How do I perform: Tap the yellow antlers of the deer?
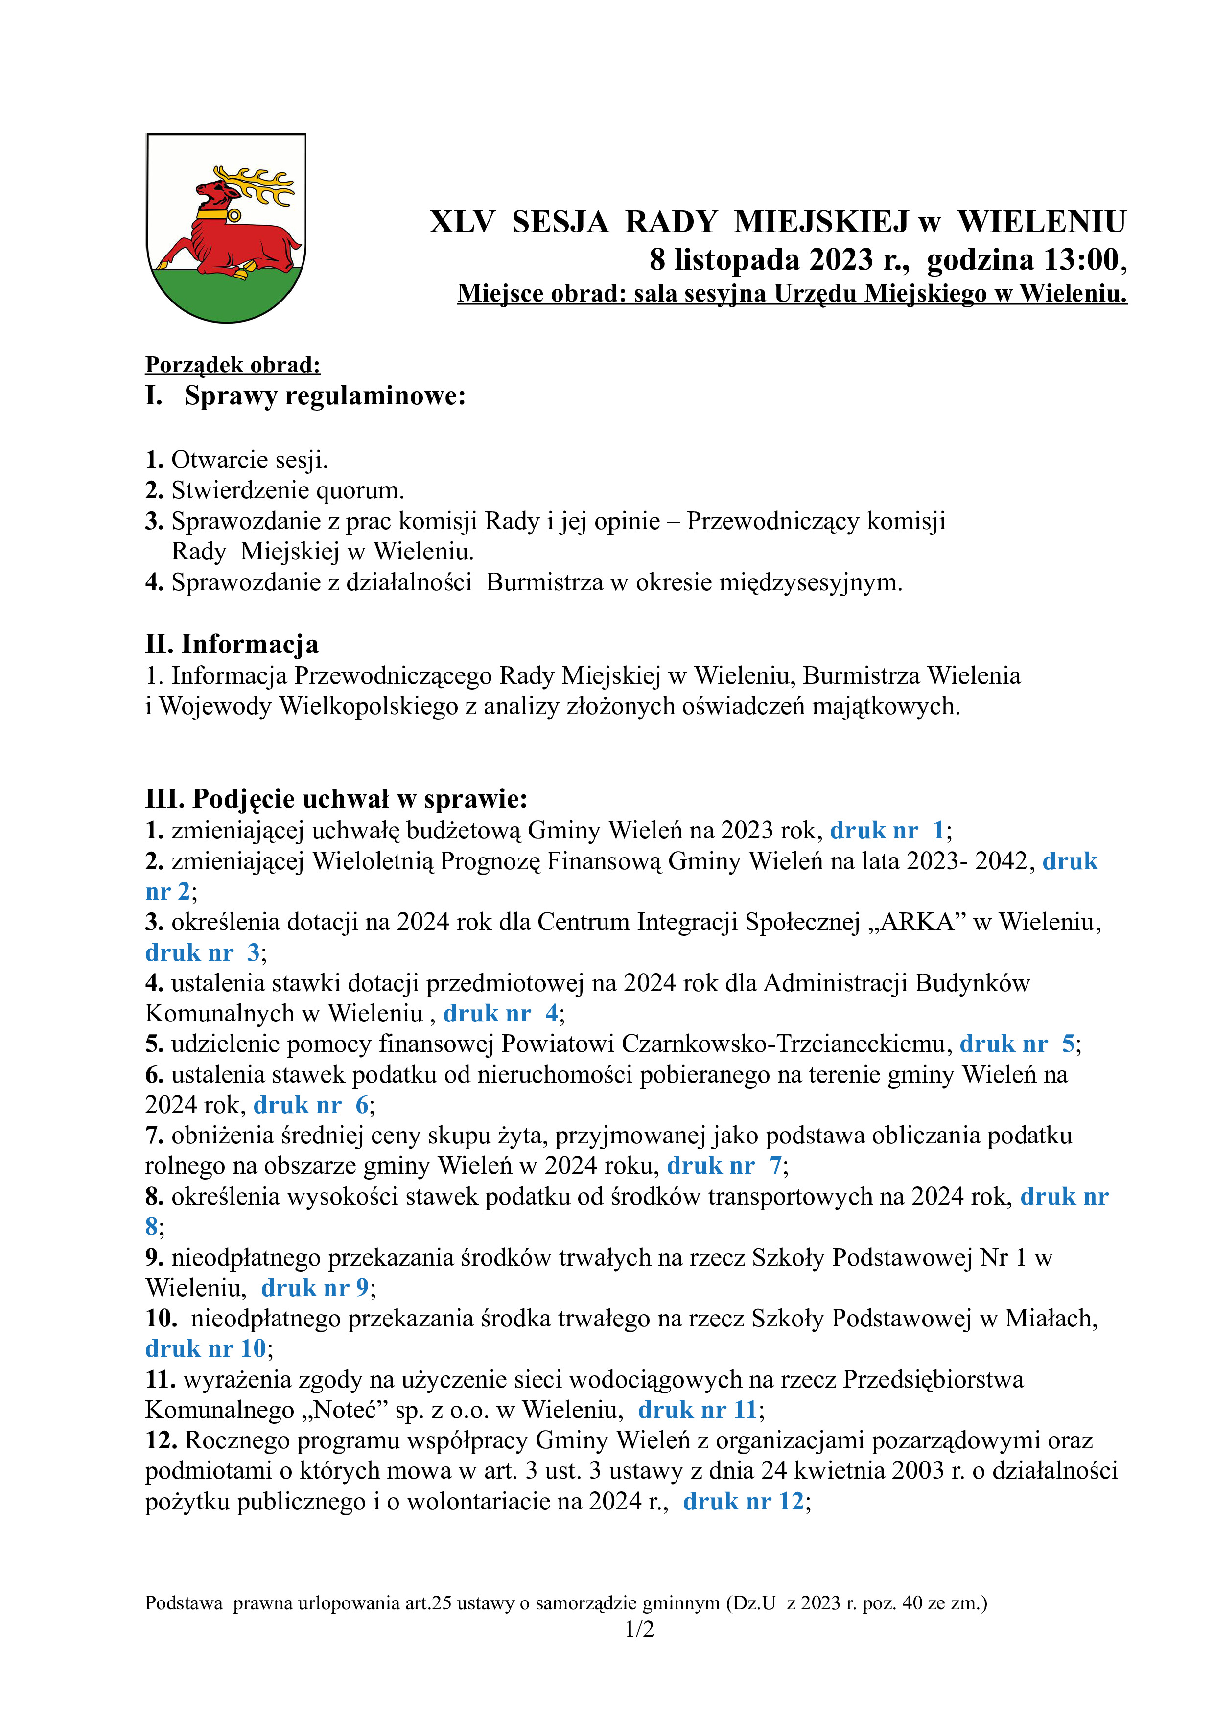point(262,183)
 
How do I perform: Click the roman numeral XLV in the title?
point(462,222)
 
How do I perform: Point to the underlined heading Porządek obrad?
point(233,365)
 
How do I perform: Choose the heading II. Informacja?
point(232,644)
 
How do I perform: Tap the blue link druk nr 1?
point(887,830)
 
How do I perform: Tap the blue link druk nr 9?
point(315,1288)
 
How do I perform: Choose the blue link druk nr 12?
point(743,1501)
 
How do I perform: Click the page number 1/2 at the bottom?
point(639,1629)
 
